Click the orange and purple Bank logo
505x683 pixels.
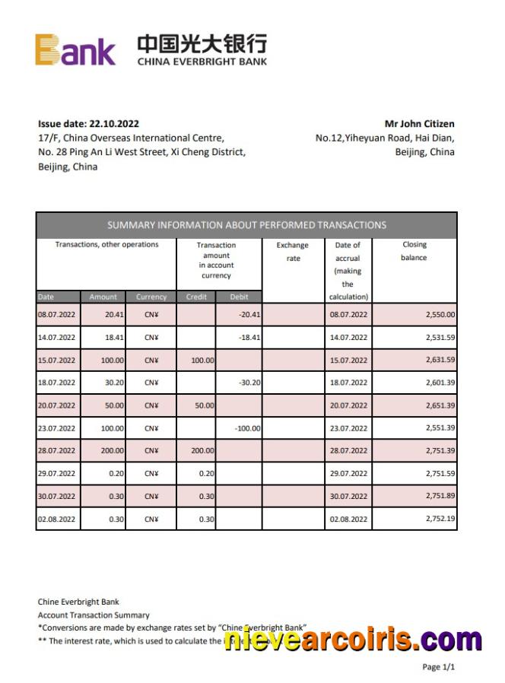[75, 49]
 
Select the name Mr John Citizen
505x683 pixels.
[419, 124]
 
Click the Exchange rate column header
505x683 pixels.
[293, 252]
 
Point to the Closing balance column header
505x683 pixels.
[414, 251]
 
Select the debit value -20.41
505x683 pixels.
[249, 314]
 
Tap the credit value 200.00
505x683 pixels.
[202, 451]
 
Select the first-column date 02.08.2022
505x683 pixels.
[57, 519]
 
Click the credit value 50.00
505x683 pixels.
[204, 405]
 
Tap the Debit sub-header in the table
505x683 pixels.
[238, 297]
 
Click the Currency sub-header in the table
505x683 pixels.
[151, 297]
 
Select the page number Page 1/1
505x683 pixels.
[438, 667]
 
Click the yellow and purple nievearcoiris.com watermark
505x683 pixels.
[353, 640]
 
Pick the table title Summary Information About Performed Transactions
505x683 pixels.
[246, 225]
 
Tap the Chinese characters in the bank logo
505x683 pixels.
[202, 43]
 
